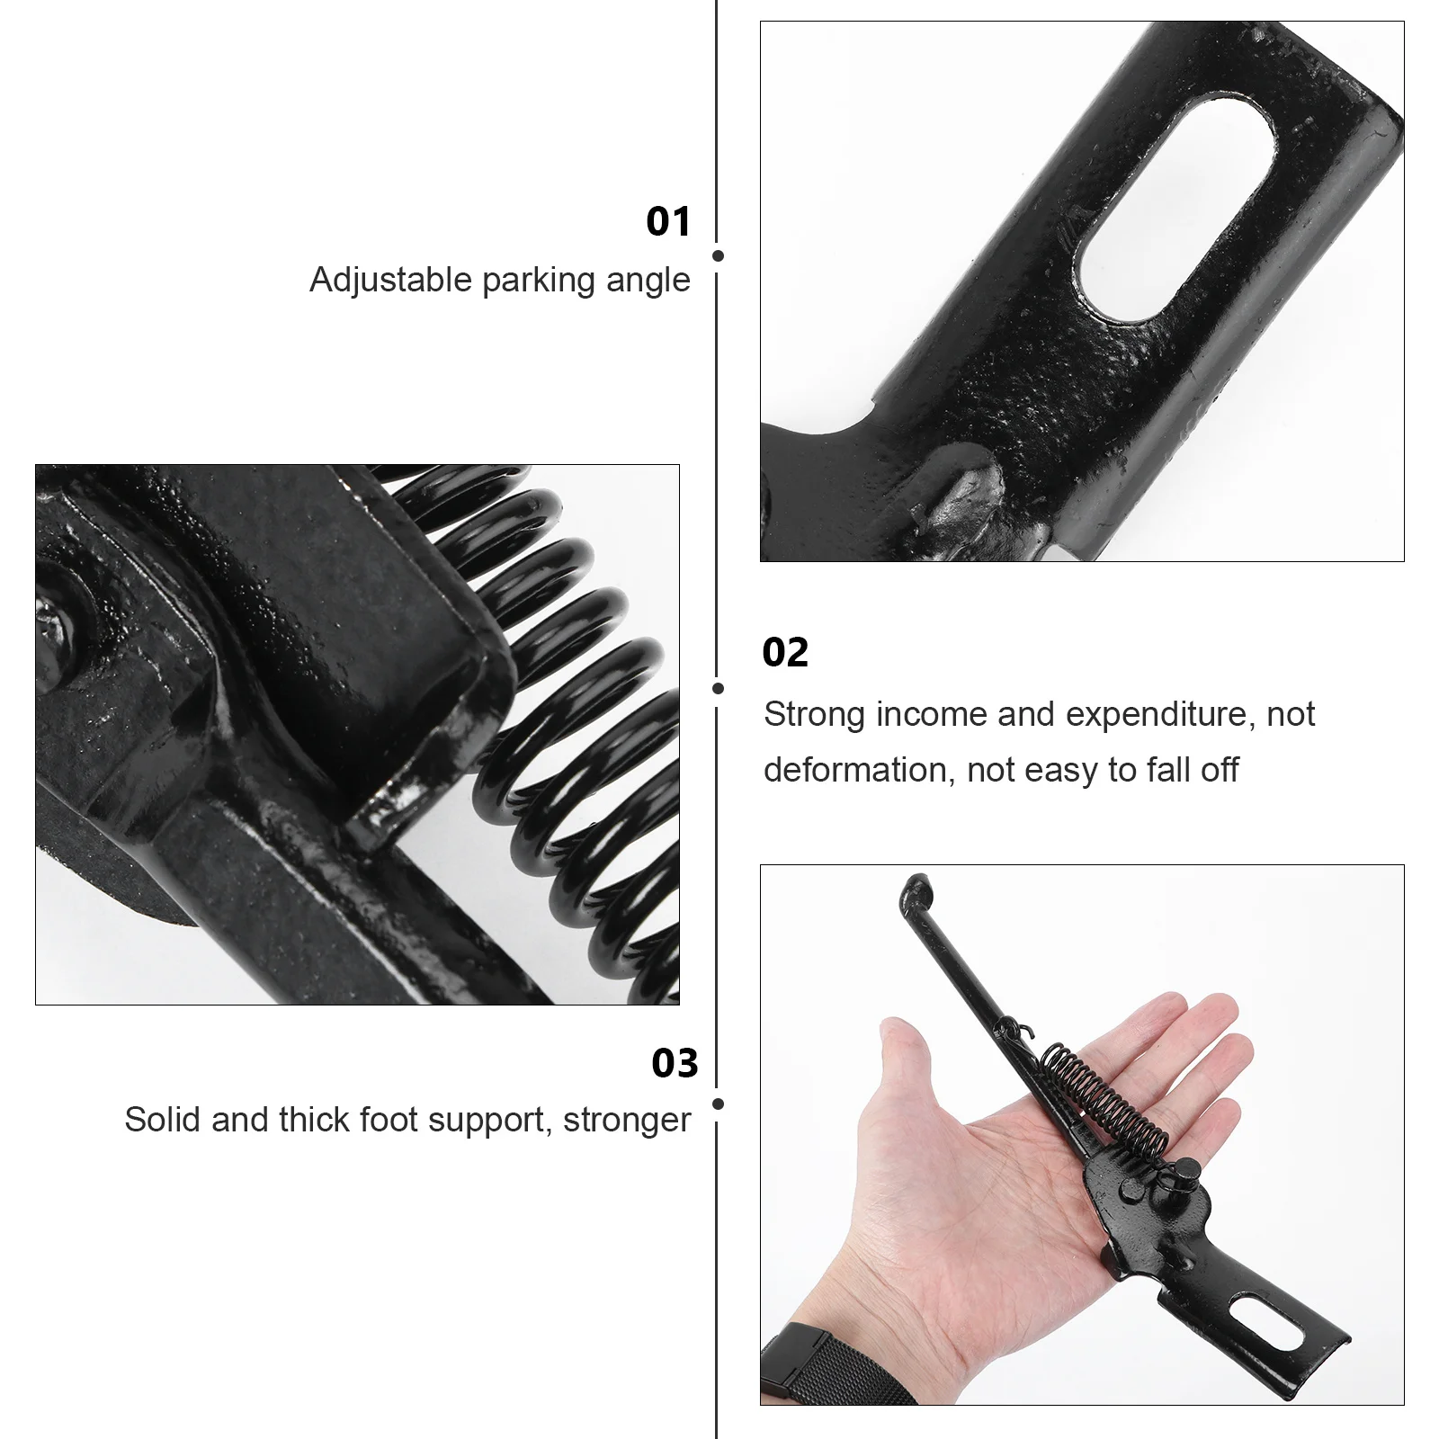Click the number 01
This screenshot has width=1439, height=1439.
[668, 221]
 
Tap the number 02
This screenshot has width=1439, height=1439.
[785, 652]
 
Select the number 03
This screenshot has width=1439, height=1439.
[675, 1063]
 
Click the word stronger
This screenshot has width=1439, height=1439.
[627, 1121]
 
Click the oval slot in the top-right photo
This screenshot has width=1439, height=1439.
[1175, 211]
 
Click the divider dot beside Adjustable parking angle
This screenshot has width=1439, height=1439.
[718, 256]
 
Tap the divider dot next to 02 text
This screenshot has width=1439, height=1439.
[718, 689]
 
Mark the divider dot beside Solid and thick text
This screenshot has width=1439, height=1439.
[718, 1104]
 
